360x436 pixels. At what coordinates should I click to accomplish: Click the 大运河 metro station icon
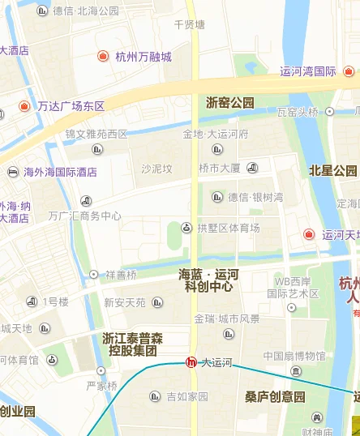[x=191, y=363]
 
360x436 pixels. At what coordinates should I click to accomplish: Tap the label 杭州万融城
[x=144, y=57]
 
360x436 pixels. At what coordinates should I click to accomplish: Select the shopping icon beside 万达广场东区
[x=24, y=106]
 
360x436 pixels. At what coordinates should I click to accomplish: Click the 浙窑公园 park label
[x=230, y=103]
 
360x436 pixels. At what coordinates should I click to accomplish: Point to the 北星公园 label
[x=333, y=171]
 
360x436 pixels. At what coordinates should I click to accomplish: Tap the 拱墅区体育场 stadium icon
[x=186, y=229]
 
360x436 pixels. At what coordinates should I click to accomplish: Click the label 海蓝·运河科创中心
[x=208, y=280]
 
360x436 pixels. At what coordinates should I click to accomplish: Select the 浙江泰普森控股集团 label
[x=129, y=344]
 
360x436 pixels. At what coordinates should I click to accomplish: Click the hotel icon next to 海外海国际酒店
[x=13, y=172]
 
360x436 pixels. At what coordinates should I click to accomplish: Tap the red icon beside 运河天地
[x=309, y=235]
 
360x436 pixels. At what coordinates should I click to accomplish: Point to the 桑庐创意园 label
[x=275, y=397]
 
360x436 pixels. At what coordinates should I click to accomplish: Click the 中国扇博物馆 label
[x=294, y=356]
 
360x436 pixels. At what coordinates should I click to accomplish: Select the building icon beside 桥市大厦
[x=252, y=168]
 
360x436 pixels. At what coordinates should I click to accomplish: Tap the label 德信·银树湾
[x=255, y=197]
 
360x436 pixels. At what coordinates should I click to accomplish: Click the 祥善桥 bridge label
[x=121, y=275]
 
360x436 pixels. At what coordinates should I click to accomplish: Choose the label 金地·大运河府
[x=216, y=134]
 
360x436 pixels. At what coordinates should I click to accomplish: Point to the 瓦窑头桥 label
[x=298, y=112]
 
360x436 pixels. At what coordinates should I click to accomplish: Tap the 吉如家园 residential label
[x=187, y=397]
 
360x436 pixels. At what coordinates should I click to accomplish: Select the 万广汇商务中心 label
[x=84, y=216]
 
